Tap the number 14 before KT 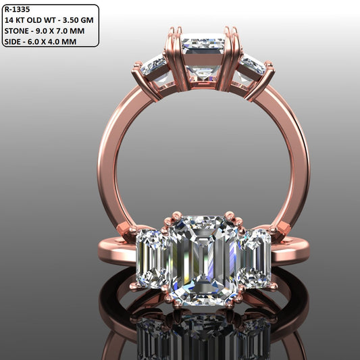point(9,20)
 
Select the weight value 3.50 point(72,20)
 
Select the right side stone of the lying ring point(254,257)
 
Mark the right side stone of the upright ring point(252,66)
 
